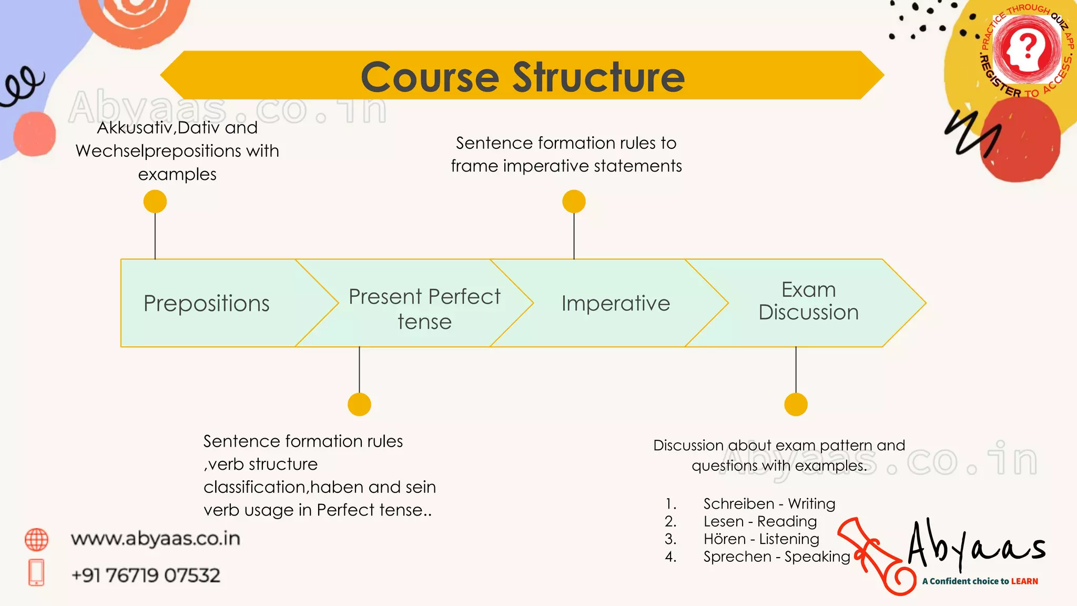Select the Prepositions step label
click(x=206, y=304)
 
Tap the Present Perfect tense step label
click(x=424, y=309)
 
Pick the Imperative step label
click(x=615, y=304)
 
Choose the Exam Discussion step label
click(x=808, y=301)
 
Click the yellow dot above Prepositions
click(x=155, y=201)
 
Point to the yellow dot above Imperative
click(x=574, y=201)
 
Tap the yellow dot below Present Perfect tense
click(x=359, y=405)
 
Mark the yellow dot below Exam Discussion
click(x=796, y=405)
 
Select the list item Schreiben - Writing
click(x=769, y=504)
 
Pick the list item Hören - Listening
click(x=761, y=539)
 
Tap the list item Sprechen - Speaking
click(x=776, y=557)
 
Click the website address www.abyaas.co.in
click(x=156, y=539)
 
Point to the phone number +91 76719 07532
click(x=146, y=575)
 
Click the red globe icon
click(x=36, y=540)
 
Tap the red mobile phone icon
click(x=36, y=572)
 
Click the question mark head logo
click(x=1026, y=49)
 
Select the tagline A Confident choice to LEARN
click(x=980, y=581)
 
